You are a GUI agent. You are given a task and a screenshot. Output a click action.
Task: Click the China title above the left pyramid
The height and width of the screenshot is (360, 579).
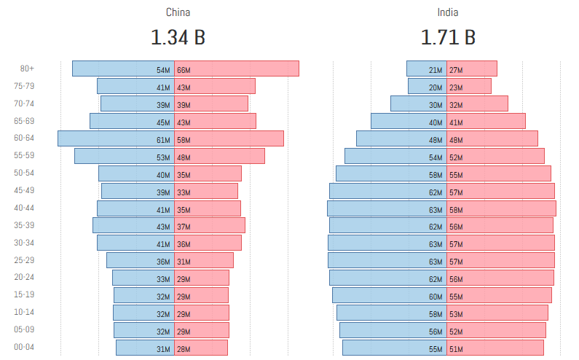178,12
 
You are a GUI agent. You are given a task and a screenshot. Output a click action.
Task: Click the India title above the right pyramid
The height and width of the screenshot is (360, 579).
448,12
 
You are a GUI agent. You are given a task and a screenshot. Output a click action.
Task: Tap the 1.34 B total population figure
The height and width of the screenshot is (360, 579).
178,37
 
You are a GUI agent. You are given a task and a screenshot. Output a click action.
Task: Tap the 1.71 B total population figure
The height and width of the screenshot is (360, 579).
448,37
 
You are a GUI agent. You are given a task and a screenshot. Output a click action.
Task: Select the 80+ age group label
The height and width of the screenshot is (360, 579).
27,69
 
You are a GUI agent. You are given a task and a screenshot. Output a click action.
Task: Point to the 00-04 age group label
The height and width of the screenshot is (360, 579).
24,348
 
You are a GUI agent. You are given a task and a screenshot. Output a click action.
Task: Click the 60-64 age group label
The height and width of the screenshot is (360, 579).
24,138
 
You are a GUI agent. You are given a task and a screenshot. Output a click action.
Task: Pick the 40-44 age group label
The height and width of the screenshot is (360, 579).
24,208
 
